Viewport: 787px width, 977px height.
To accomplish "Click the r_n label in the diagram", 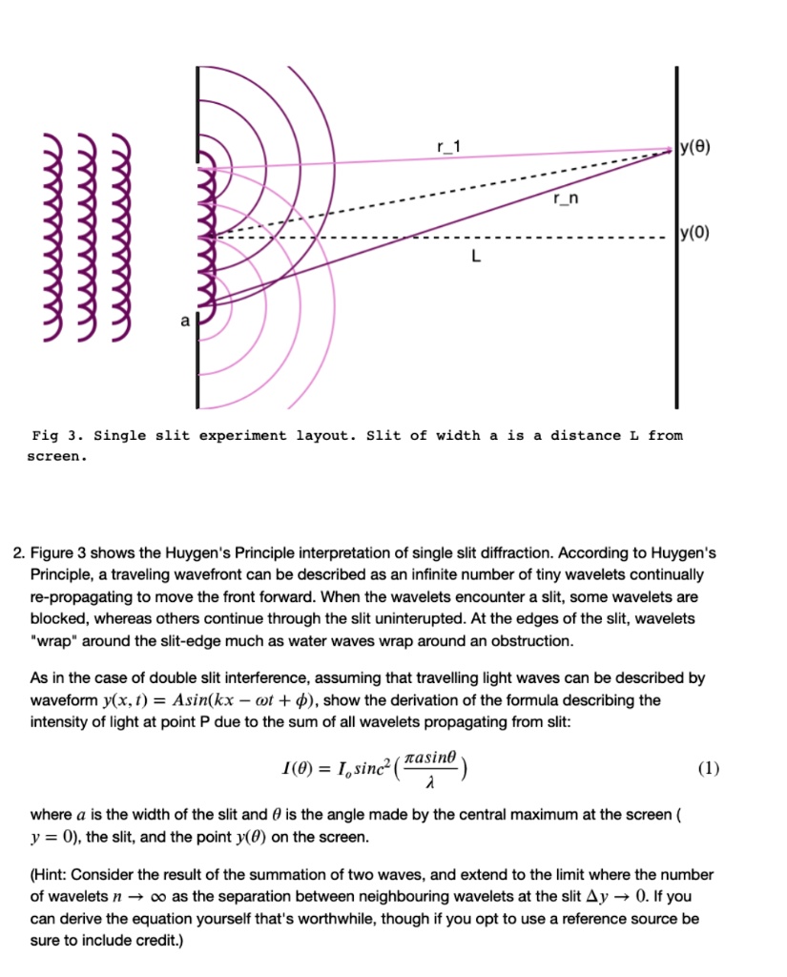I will [564, 198].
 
